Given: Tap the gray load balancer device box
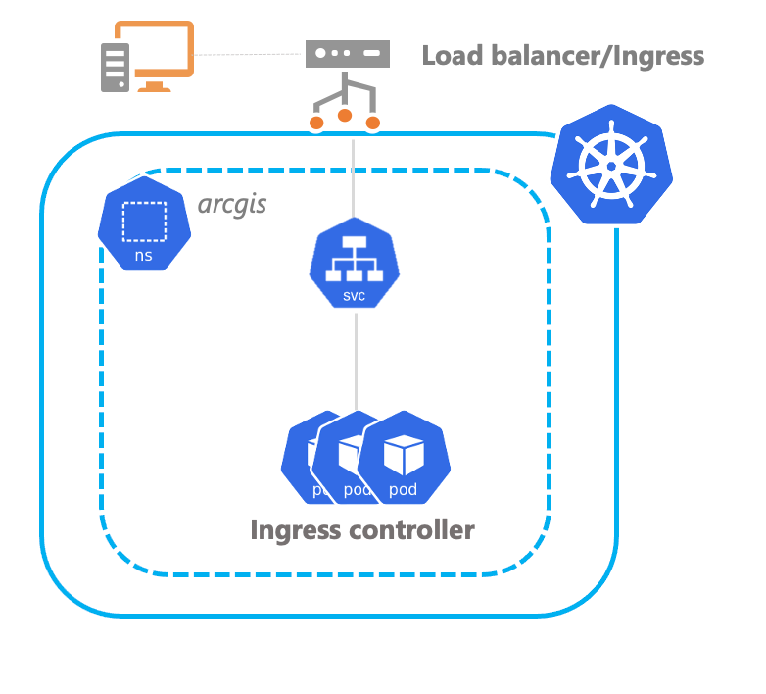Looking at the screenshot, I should click(x=347, y=53).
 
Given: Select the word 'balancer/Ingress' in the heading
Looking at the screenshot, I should click(x=598, y=55).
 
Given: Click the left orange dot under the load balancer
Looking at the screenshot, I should click(x=316, y=123).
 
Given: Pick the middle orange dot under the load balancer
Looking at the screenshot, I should click(x=345, y=116).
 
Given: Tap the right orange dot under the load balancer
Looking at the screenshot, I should click(x=373, y=123).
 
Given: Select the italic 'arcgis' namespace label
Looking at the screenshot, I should click(x=232, y=206).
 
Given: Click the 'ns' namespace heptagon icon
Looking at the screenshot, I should click(x=143, y=226).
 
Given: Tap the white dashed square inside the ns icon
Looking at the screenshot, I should click(x=143, y=221).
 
